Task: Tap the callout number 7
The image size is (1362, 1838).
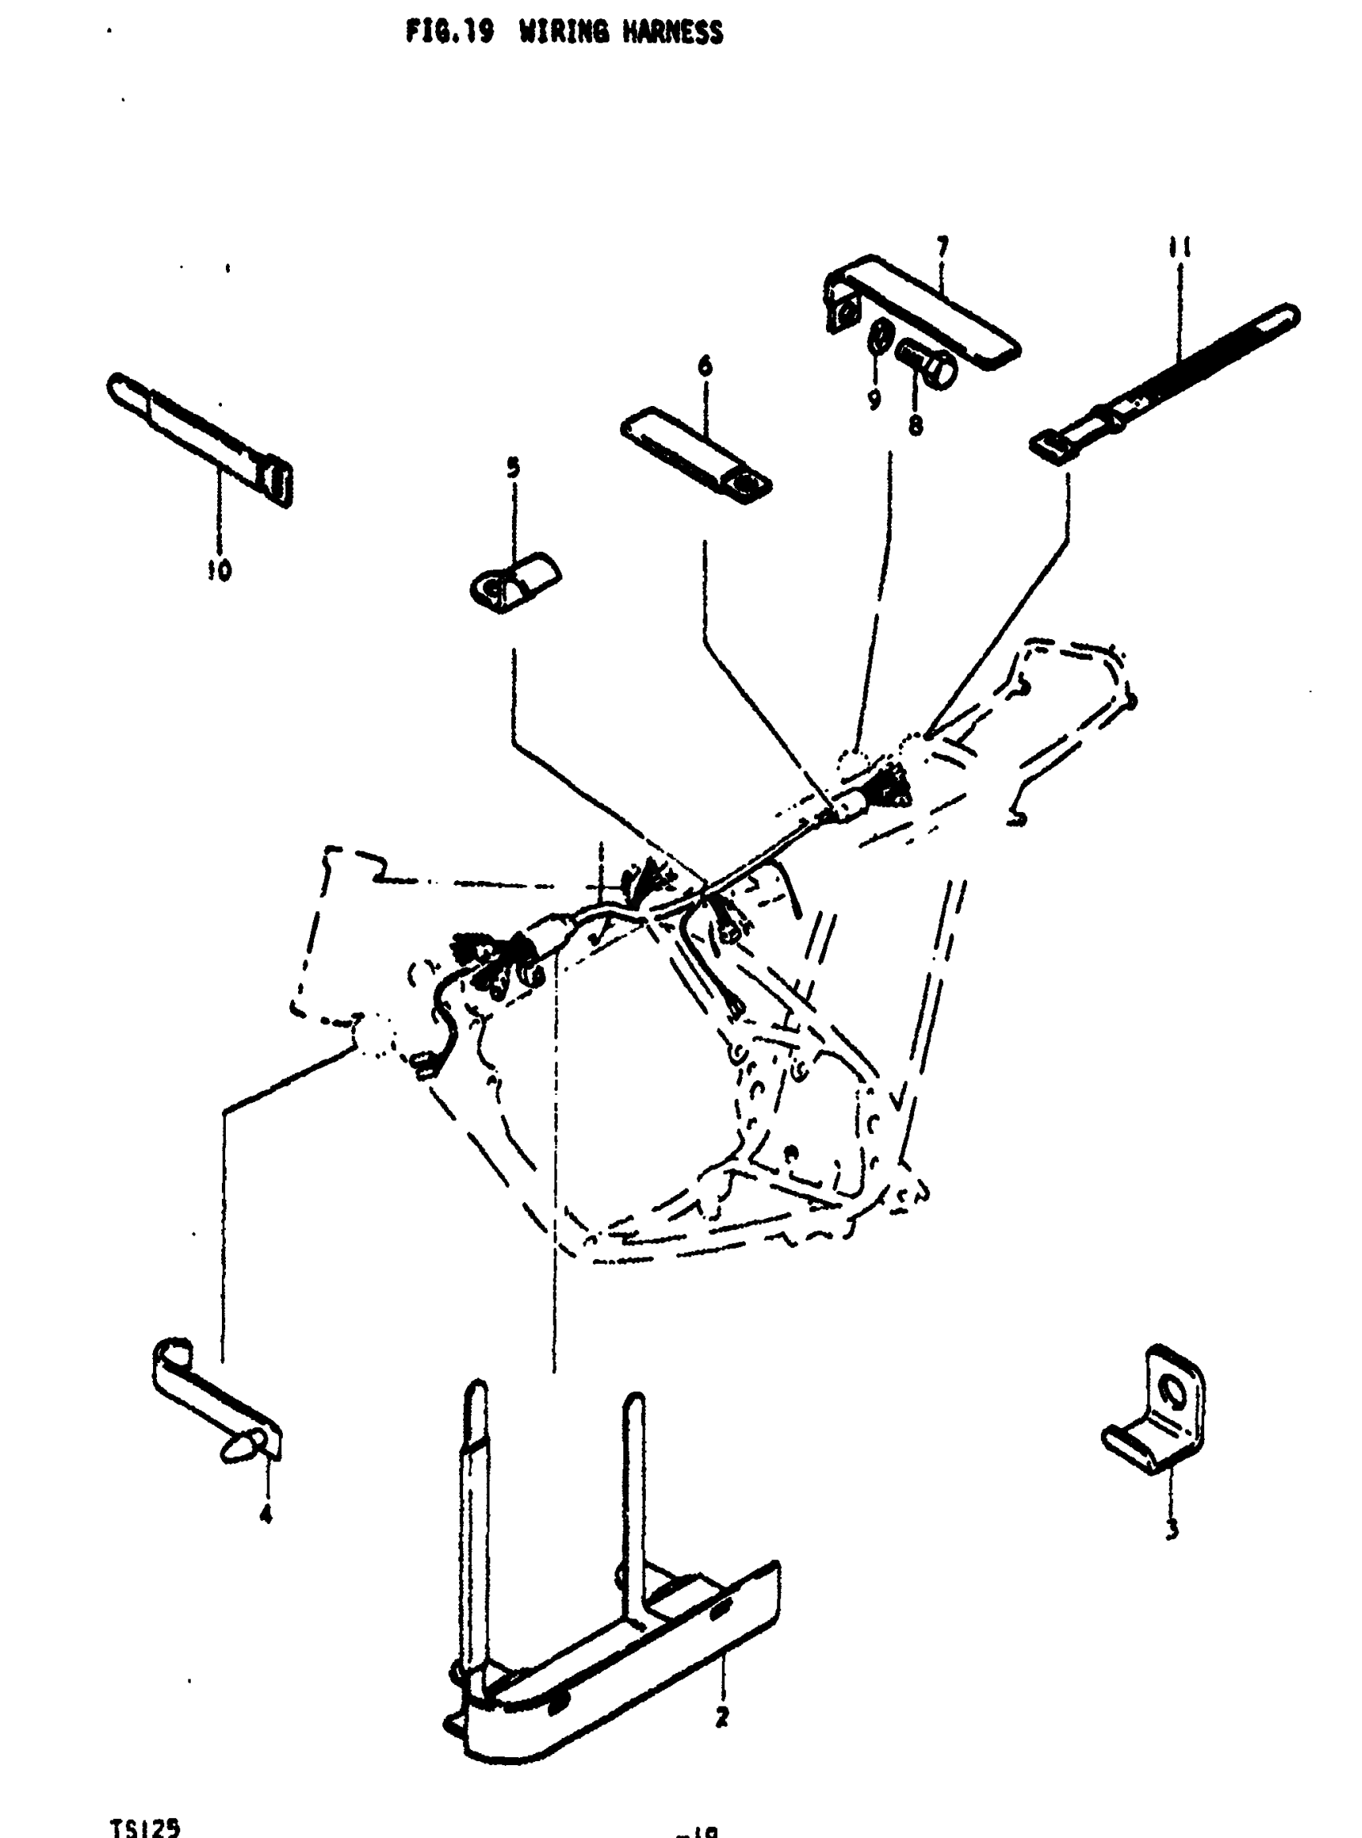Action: coord(942,247)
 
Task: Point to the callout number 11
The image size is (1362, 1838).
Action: coord(1180,247)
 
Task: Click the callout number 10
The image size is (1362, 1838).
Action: coord(220,569)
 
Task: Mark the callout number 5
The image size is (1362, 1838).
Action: coord(513,469)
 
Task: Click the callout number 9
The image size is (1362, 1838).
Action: coord(874,400)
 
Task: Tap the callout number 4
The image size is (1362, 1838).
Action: coord(265,1514)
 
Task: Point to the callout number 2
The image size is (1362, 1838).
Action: coord(722,1717)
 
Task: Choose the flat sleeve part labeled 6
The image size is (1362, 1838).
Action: coord(695,454)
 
